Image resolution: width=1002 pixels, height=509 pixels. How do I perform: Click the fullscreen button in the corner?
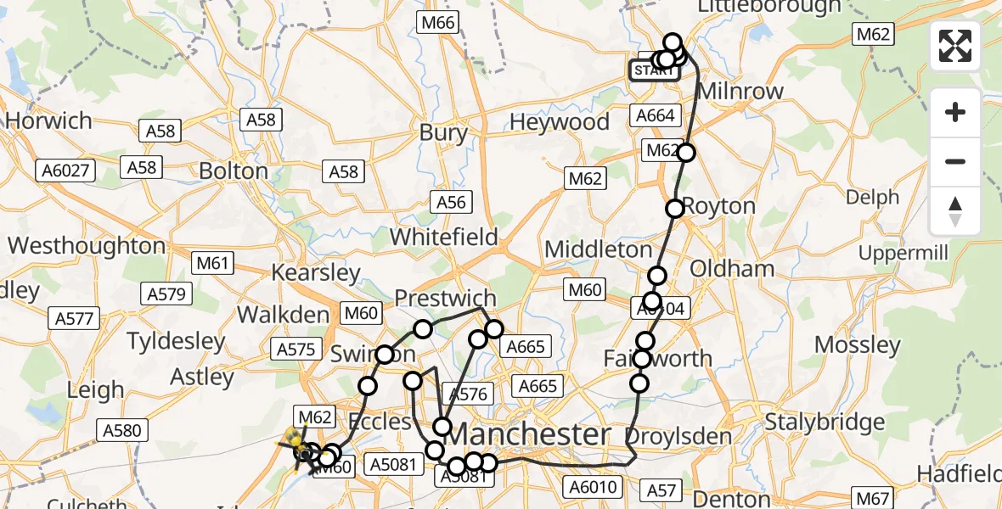pyautogui.click(x=955, y=46)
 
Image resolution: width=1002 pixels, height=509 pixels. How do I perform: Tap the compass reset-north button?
pyautogui.click(x=955, y=211)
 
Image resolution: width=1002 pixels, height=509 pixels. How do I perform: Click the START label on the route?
pyautogui.click(x=653, y=70)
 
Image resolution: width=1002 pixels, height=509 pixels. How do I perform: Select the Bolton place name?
pyautogui.click(x=233, y=171)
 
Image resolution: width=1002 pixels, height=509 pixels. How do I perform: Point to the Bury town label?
pyautogui.click(x=443, y=132)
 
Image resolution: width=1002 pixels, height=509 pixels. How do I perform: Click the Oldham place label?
pyautogui.click(x=720, y=269)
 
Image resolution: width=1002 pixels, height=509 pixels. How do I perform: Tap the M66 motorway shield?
pyautogui.click(x=437, y=23)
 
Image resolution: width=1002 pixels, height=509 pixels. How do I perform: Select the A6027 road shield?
pyautogui.click(x=65, y=171)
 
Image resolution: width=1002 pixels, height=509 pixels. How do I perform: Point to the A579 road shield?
pyautogui.click(x=166, y=294)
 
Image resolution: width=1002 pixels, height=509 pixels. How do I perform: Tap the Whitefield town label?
pyautogui.click(x=443, y=237)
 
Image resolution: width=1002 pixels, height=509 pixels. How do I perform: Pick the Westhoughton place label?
pyautogui.click(x=87, y=246)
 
